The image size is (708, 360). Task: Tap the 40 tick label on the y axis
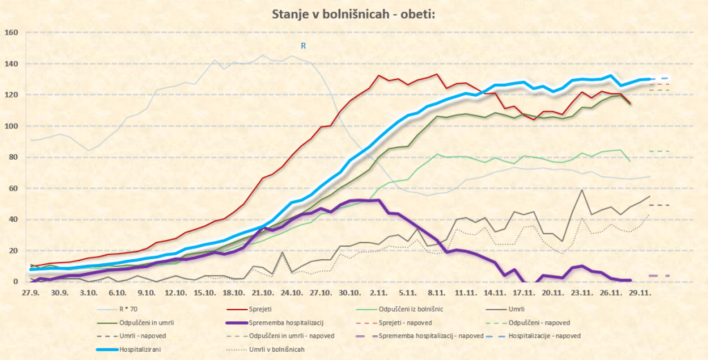tap(12, 220)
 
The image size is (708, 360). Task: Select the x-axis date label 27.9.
tap(30, 293)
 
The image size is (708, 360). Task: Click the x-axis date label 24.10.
tap(295, 293)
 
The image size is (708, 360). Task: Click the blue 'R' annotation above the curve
tap(303, 46)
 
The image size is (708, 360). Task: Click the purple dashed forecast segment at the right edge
tap(658, 276)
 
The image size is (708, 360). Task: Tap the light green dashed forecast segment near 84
tap(658, 151)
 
